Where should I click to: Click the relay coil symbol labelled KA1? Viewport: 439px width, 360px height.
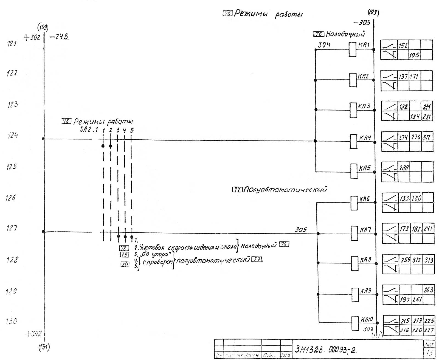point(352,49)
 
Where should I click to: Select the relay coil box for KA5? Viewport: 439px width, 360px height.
point(354,172)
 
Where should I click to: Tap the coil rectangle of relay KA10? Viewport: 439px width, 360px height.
point(355,323)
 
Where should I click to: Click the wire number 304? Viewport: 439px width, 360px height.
point(324,45)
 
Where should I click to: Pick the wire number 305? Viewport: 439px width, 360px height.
point(301,230)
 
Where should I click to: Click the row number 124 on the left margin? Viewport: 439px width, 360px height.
point(12,135)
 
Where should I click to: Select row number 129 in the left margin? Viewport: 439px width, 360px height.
point(12,291)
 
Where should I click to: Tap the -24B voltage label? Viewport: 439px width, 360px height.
point(59,37)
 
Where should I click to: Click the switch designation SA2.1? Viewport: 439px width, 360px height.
point(89,130)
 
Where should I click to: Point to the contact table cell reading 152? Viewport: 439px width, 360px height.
point(403,46)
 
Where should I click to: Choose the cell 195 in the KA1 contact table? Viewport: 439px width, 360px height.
point(414,55)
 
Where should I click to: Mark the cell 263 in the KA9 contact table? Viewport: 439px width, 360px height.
point(428,290)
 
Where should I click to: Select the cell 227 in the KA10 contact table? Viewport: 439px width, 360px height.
point(429,330)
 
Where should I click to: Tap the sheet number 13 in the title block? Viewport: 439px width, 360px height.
point(429,353)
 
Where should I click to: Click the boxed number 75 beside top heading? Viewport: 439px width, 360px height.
point(227,13)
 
